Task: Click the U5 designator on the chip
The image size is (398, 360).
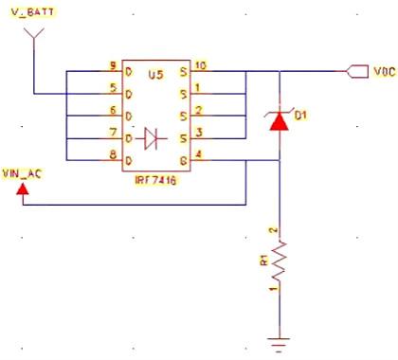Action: click(155, 73)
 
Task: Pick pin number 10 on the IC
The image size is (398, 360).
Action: click(199, 65)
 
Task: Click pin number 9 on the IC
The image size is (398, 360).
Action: click(113, 65)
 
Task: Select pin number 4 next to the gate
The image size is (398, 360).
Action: click(197, 153)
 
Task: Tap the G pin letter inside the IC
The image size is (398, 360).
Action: click(182, 157)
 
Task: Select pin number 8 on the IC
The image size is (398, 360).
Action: click(113, 153)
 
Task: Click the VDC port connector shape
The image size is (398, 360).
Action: click(357, 71)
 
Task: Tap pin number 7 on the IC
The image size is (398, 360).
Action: click(113, 131)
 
